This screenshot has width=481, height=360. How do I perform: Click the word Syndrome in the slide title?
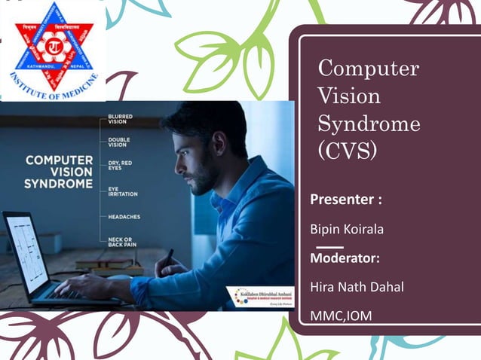[369, 123]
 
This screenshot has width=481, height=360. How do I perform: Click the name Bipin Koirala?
[347, 228]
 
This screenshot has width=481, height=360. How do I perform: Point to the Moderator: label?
[345, 258]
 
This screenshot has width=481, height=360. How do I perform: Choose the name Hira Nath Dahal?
[357, 286]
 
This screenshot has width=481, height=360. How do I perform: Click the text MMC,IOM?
[341, 316]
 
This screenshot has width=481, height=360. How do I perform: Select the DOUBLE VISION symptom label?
[120, 143]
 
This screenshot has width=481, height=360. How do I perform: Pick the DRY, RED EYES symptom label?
[121, 166]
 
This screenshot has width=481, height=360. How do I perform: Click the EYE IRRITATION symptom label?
[123, 191]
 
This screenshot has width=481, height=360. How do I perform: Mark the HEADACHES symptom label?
[124, 216]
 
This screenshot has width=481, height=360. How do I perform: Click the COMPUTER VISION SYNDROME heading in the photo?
[59, 172]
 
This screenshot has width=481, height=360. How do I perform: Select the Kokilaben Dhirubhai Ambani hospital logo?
[261, 295]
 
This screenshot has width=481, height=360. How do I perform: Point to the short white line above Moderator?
[329, 246]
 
